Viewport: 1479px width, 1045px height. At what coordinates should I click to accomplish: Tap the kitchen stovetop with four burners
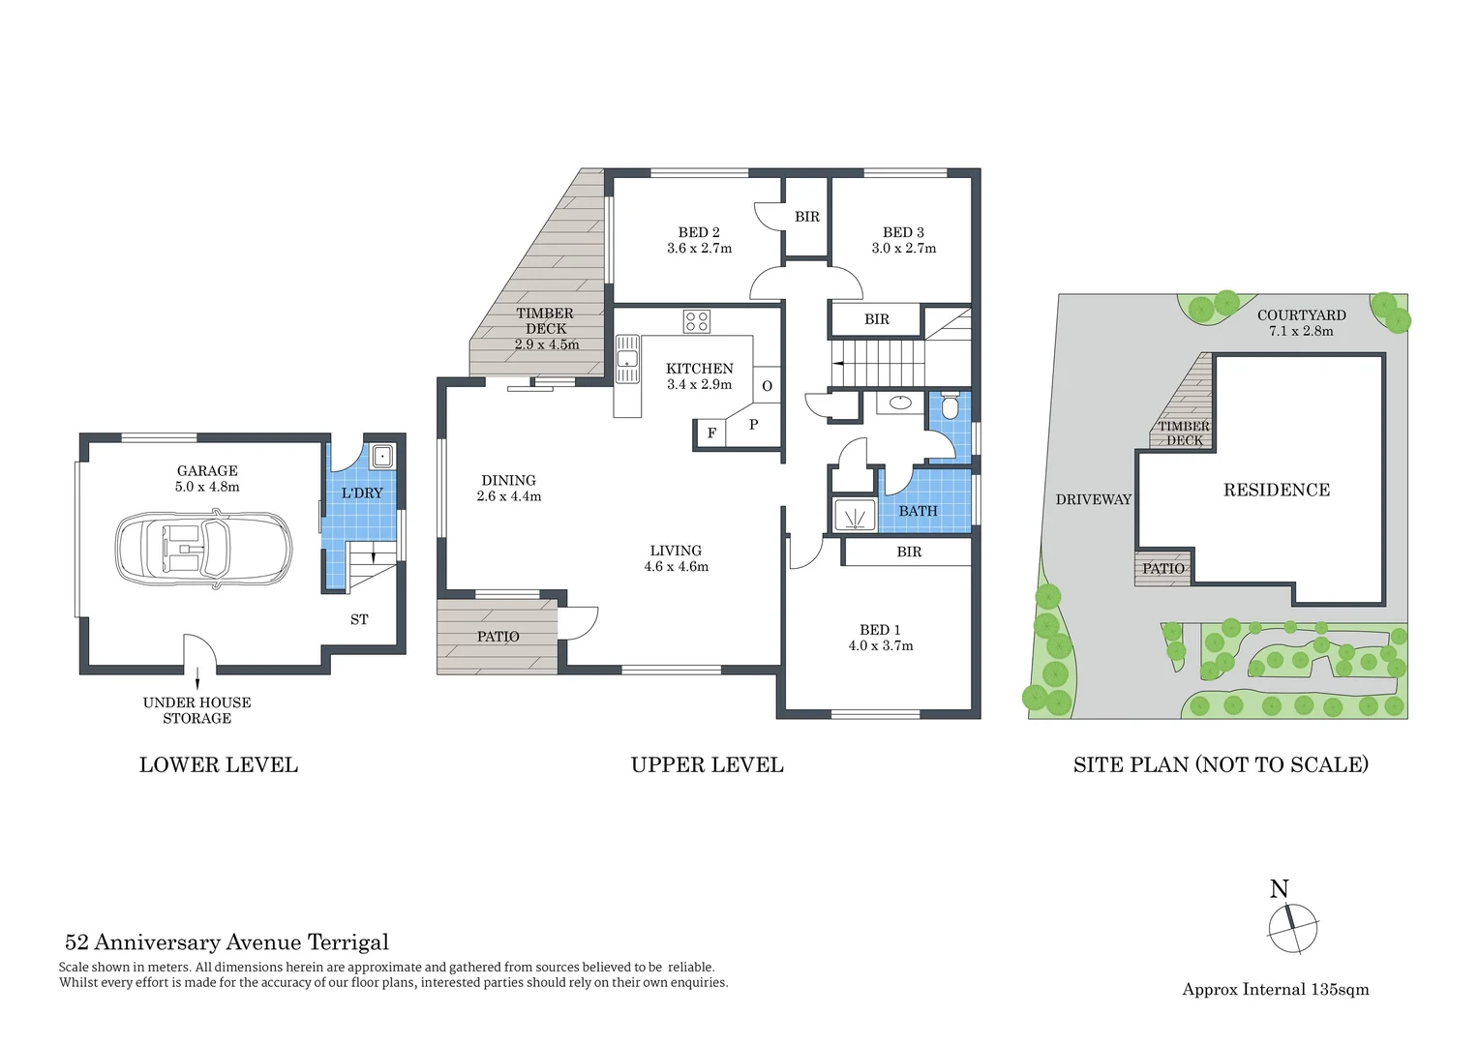696,321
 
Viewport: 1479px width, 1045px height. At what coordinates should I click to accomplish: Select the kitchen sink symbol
627,359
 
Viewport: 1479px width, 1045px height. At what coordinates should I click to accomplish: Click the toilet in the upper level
950,407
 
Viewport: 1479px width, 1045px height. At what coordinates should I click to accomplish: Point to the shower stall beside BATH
855,517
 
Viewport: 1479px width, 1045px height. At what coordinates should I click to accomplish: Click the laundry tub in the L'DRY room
382,455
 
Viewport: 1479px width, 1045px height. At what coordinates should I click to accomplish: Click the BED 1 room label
880,630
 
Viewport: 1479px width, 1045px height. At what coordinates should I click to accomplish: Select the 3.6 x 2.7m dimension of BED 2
699,249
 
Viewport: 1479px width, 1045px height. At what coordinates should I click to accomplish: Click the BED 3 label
903,232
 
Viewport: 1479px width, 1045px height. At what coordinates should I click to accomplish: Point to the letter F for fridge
711,433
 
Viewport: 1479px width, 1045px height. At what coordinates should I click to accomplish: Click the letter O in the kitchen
767,386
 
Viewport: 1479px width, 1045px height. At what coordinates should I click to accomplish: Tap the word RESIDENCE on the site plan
1276,491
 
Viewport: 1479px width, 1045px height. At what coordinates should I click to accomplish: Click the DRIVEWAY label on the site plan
1093,499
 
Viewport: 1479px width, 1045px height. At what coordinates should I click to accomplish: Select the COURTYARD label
1301,315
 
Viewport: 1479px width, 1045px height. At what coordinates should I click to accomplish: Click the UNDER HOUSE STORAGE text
197,710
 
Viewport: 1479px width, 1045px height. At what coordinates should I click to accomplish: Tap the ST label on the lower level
359,619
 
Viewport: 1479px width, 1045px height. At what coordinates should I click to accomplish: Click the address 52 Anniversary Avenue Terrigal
226,942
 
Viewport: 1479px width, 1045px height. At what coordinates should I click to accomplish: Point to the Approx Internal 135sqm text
1275,989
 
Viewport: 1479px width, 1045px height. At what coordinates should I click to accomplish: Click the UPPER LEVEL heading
707,765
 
